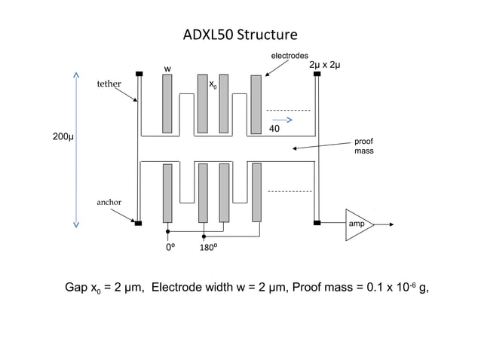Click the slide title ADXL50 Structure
click(x=240, y=35)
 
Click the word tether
click(x=109, y=84)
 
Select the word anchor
click(x=109, y=203)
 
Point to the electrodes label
click(x=290, y=56)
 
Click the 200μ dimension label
click(x=63, y=138)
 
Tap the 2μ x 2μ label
click(x=325, y=66)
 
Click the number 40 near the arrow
click(x=274, y=130)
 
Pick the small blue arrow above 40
click(x=282, y=119)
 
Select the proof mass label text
click(x=363, y=146)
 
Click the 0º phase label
click(x=171, y=246)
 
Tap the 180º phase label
click(x=210, y=246)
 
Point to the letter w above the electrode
click(x=168, y=69)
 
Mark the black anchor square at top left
click(x=139, y=74)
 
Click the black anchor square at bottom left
click(x=138, y=222)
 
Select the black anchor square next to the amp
click(x=317, y=222)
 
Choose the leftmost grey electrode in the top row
click(x=167, y=103)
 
